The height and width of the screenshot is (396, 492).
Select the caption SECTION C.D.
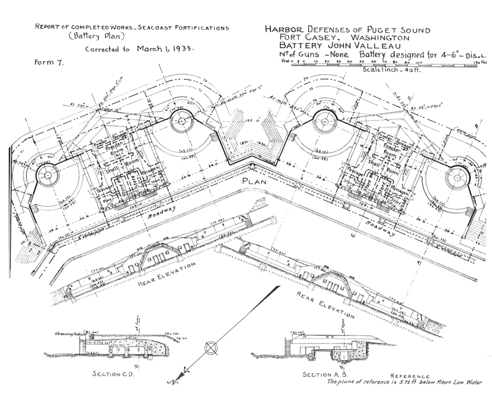(x=114, y=375)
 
